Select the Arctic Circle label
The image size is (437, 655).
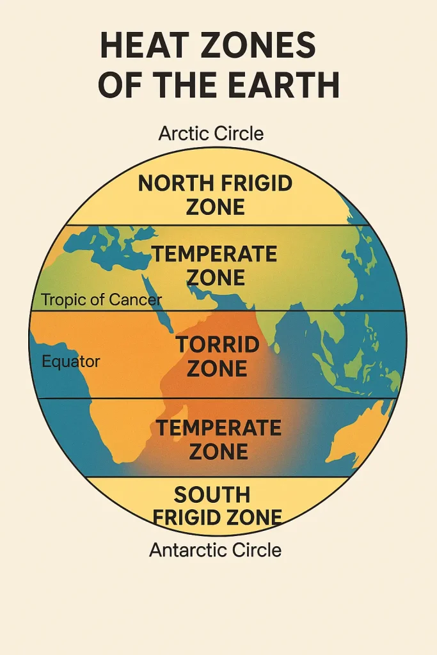[x=211, y=134]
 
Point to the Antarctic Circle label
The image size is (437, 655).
[x=215, y=549]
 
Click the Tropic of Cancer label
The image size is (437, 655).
[x=101, y=299]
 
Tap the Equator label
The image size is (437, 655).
[x=71, y=361]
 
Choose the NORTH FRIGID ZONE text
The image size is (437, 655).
[x=215, y=195]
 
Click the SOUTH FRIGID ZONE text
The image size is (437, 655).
[x=219, y=505]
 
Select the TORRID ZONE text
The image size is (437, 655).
[x=218, y=356]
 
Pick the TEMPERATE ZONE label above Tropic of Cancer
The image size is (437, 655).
[x=214, y=265]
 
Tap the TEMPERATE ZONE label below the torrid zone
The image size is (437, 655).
[x=219, y=439]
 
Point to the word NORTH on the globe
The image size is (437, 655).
[x=175, y=184]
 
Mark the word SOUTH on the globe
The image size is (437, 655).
[x=212, y=494]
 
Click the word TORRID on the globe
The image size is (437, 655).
[x=218, y=345]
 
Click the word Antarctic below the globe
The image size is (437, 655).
[x=187, y=549]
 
